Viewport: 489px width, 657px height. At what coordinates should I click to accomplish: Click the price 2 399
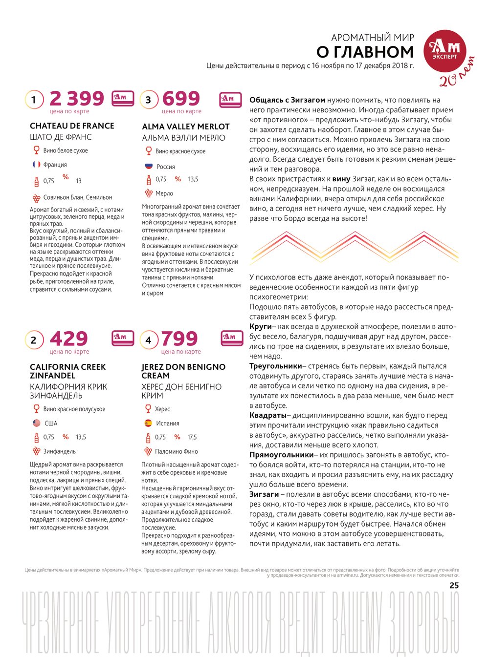coord(77,98)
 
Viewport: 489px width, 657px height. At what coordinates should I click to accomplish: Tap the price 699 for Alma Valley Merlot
coord(181,98)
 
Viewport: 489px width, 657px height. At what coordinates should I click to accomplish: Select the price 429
coord(69,339)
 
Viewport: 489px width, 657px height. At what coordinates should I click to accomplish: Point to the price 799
coord(179,339)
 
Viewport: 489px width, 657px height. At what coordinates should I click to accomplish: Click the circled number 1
coord(34,100)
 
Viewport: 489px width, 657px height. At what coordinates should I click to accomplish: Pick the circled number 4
coord(149,340)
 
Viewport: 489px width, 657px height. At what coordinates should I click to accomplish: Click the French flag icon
coord(36,165)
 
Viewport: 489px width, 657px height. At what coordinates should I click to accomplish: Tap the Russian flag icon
coord(149,166)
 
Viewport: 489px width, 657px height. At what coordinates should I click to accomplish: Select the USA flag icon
coord(36,423)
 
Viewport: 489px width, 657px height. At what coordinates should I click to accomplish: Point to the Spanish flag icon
coord(148,423)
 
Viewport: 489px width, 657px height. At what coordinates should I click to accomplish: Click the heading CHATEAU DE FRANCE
coord(72,126)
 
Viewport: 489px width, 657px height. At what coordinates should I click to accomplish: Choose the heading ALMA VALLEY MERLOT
coord(185,127)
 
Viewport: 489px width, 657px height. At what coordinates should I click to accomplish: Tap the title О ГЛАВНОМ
coord(365,52)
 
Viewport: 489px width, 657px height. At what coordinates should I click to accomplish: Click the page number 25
coord(454,585)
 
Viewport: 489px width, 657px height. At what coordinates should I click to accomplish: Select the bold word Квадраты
coord(267,415)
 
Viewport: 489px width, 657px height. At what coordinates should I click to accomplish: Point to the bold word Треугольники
coord(275,366)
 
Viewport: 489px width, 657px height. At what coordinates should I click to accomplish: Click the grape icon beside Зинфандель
coord(36,451)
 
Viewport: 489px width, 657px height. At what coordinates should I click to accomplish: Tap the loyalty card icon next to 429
coord(123,336)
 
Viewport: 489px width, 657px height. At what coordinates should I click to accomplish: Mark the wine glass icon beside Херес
coord(148,409)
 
